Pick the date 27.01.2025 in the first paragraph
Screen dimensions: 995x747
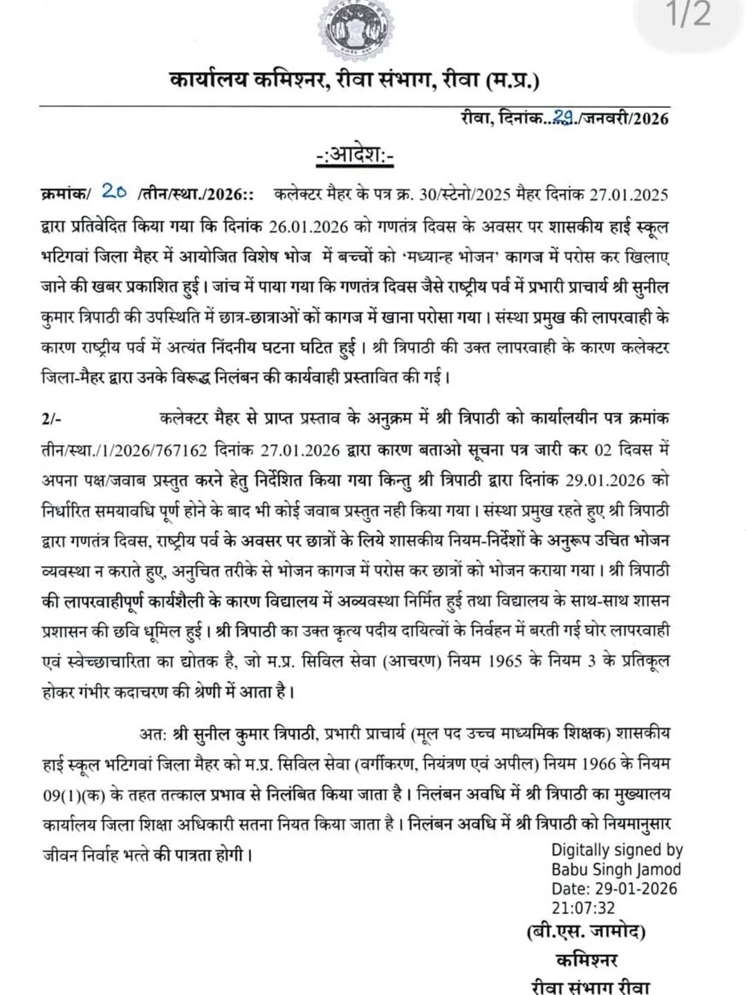[x=629, y=194]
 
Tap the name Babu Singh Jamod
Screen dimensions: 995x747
[x=616, y=869]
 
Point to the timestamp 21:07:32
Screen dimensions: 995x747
[x=583, y=907]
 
